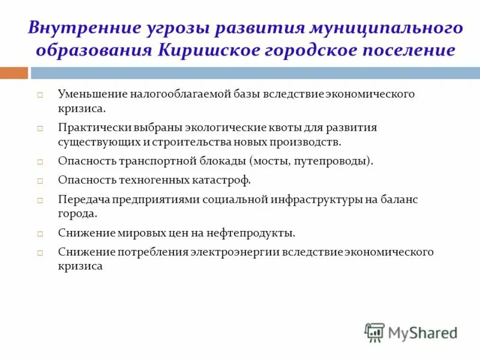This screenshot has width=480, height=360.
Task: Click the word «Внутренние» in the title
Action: click(82, 29)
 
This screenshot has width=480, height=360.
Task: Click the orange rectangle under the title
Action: click(14, 73)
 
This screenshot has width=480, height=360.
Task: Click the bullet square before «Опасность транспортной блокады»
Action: click(40, 162)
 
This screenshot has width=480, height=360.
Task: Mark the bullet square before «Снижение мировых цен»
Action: click(40, 233)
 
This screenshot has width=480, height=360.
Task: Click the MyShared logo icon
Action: click(374, 332)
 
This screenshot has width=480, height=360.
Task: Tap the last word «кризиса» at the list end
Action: click(80, 266)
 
